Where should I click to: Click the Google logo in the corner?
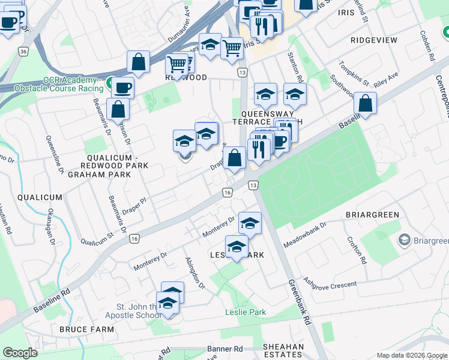click(20, 353)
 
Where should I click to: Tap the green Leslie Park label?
click(245, 313)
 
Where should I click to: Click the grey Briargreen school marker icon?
click(404, 241)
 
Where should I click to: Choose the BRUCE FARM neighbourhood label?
click(83, 329)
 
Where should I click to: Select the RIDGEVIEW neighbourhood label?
click(374, 40)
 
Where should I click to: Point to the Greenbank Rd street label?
click(298, 302)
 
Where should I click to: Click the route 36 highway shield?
click(23, 52)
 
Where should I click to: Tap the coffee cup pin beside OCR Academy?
click(123, 88)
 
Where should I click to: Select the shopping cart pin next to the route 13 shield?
click(232, 47)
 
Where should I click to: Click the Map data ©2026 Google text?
click(411, 355)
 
